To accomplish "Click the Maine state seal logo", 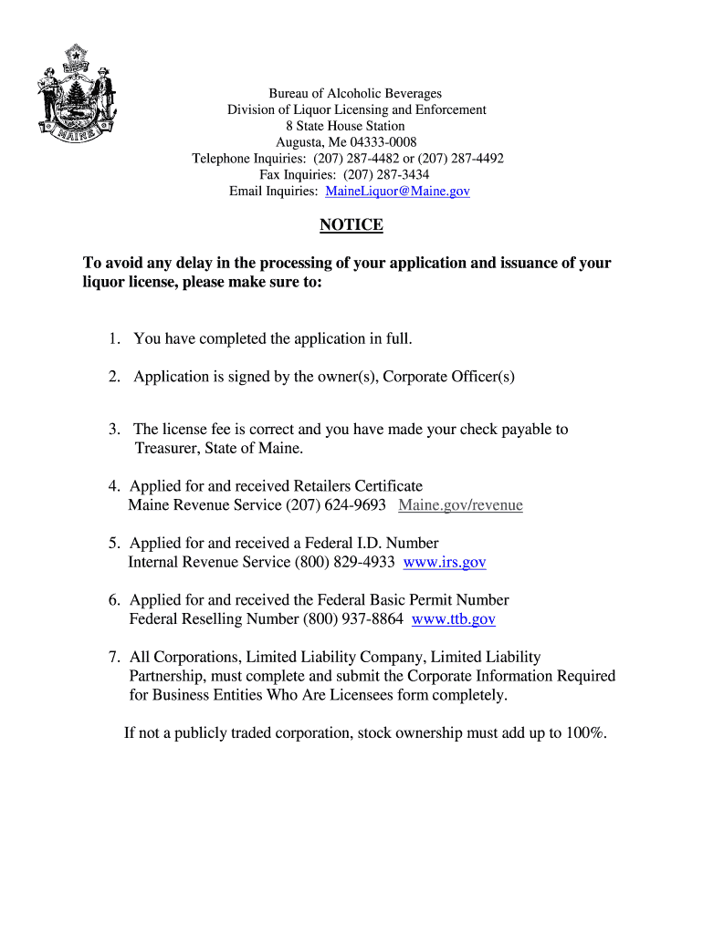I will coord(76,94).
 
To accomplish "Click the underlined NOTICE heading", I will coord(351,225).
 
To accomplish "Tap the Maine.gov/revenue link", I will coord(460,505).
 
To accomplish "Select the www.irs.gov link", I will coord(445,563).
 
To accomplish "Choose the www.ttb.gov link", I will coord(454,619).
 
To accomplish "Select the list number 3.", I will coord(114,430).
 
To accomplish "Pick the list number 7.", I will coord(114,658).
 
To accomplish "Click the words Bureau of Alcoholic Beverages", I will coord(354,94).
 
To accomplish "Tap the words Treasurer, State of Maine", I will coord(218,449).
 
